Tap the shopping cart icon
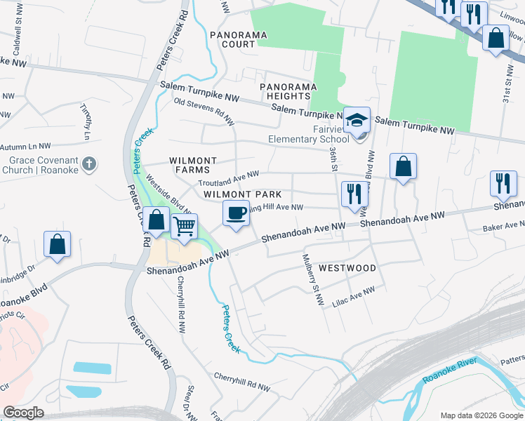tap(184, 227)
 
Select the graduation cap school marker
tap(357, 119)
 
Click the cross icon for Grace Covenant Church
tap(88, 164)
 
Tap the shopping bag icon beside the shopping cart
tap(157, 220)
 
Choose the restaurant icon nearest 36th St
tap(353, 194)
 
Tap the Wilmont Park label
tap(242, 194)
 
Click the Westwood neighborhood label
tap(347, 268)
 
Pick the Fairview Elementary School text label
tap(308, 134)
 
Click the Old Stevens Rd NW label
tap(204, 112)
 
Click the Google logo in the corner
tap(23, 413)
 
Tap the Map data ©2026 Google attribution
tap(481, 415)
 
